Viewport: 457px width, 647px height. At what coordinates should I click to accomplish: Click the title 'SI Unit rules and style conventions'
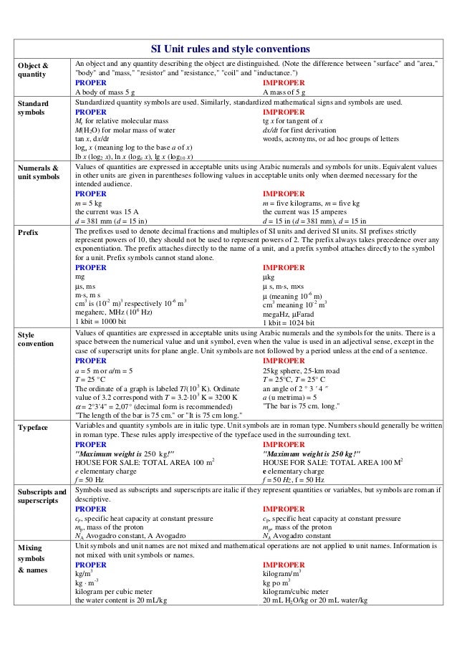click(230, 49)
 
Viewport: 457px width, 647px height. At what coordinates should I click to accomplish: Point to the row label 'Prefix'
click(29, 232)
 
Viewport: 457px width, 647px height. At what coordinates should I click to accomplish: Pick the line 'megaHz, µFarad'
click(294, 312)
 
